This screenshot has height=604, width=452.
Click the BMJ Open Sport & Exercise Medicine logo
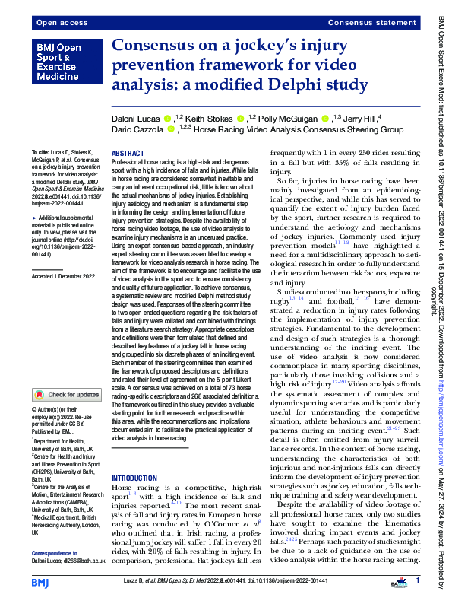coord(62,62)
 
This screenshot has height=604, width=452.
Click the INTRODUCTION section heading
coord(134,478)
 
